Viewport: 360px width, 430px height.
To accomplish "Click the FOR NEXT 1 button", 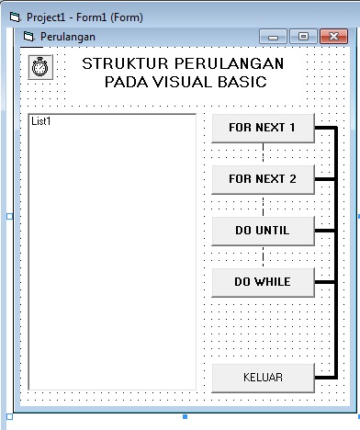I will coord(263,128).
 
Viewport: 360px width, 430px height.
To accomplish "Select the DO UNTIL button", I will coord(263,231).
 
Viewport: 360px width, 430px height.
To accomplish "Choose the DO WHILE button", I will coord(263,282).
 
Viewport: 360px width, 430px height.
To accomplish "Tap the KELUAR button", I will coord(263,378).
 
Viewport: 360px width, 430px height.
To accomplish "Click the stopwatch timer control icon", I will coord(41,67).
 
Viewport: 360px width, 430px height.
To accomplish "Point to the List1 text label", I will coord(41,121).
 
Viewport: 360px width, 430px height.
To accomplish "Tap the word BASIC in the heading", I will coord(243,82).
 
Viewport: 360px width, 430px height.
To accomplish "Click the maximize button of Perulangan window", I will coord(304,36).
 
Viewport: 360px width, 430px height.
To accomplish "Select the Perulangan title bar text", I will coord(68,37).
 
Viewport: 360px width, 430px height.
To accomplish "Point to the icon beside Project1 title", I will coord(13,17).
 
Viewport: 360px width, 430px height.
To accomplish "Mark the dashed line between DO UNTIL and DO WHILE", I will coord(263,256).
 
